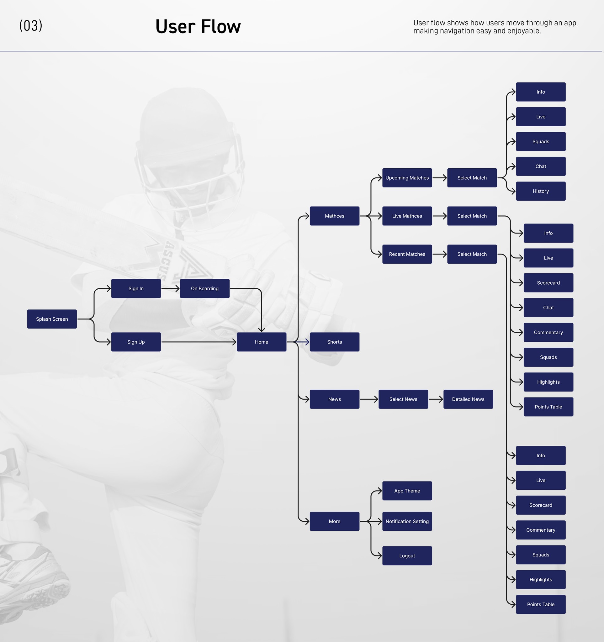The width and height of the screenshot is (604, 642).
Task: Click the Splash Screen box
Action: pos(52,319)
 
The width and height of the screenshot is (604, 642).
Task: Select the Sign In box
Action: pos(136,288)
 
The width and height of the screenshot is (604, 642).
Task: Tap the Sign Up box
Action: pos(136,342)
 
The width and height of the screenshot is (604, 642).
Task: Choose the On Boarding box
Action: pos(204,288)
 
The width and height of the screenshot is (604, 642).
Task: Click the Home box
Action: pos(261,342)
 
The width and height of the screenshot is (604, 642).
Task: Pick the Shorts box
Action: pos(334,342)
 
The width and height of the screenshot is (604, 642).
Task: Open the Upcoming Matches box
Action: pos(407,178)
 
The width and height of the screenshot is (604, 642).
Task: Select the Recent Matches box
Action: pos(407,254)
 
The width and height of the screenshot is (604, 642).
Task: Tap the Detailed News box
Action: pos(468,399)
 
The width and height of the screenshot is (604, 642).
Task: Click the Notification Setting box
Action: pos(407,521)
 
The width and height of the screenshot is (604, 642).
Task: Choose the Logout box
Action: pos(407,556)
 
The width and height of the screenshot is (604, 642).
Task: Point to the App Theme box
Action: pos(407,491)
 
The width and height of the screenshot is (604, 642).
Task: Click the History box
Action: pos(541,191)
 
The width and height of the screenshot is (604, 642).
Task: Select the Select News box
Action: pos(403,399)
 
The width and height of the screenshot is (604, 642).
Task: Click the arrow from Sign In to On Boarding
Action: pos(170,288)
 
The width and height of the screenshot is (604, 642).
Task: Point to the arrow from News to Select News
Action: pos(369,399)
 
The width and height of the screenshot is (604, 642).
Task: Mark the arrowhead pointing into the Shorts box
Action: pos(306,342)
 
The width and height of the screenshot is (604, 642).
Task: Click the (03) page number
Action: pos(31,26)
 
